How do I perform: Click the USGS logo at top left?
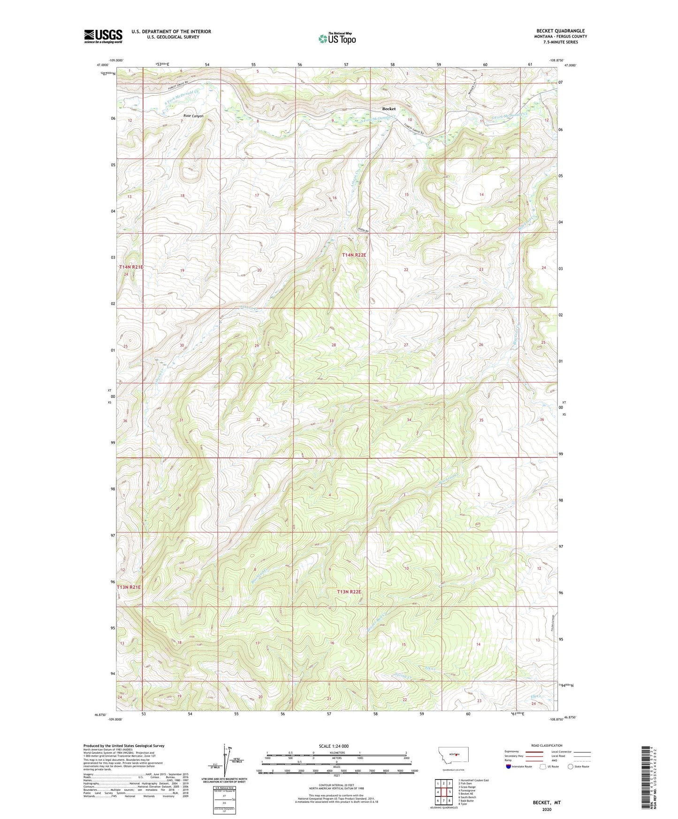click(x=103, y=36)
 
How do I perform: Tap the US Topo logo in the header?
click(x=336, y=39)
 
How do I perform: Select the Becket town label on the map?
click(x=389, y=109)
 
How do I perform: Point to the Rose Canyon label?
click(x=193, y=115)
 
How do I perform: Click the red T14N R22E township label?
click(x=354, y=255)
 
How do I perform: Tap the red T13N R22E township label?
click(x=349, y=592)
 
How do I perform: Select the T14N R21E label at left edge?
click(x=131, y=267)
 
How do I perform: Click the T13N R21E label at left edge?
click(x=129, y=587)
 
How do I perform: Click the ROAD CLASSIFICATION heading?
click(x=547, y=745)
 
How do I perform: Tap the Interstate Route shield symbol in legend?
click(x=509, y=766)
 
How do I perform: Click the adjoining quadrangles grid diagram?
click(x=443, y=791)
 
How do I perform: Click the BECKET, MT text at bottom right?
click(x=547, y=803)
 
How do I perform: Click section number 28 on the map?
click(x=334, y=345)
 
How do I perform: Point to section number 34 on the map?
click(x=409, y=419)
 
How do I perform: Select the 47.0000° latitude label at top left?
click(x=103, y=65)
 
